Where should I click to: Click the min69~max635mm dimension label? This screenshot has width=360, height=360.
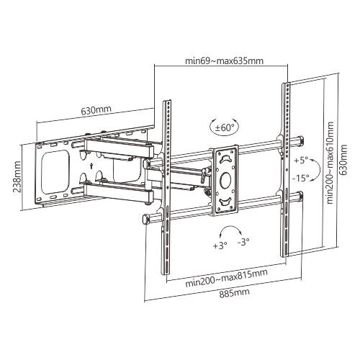(x=224, y=60)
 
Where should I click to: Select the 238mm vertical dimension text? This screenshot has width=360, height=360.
(x=17, y=176)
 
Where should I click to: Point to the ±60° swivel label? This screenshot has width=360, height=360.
(x=225, y=127)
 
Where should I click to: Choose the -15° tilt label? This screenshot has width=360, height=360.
(x=301, y=178)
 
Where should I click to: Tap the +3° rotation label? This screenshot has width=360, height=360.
(x=220, y=246)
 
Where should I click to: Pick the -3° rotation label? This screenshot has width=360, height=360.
(x=243, y=242)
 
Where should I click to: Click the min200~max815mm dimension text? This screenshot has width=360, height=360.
(x=226, y=279)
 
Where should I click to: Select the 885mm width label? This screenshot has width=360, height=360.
(x=234, y=293)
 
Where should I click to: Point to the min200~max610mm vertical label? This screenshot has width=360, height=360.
(x=330, y=163)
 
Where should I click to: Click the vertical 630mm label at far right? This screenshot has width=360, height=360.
(x=343, y=160)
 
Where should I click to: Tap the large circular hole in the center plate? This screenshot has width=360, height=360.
(x=225, y=179)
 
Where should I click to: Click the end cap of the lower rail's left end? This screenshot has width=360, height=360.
(x=145, y=220)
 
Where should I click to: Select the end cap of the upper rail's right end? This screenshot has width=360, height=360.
(x=301, y=140)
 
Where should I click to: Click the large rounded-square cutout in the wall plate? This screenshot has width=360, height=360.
(x=55, y=171)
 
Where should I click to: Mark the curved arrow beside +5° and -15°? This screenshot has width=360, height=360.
(x=319, y=169)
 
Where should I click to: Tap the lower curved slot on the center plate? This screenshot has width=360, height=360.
(x=225, y=201)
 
